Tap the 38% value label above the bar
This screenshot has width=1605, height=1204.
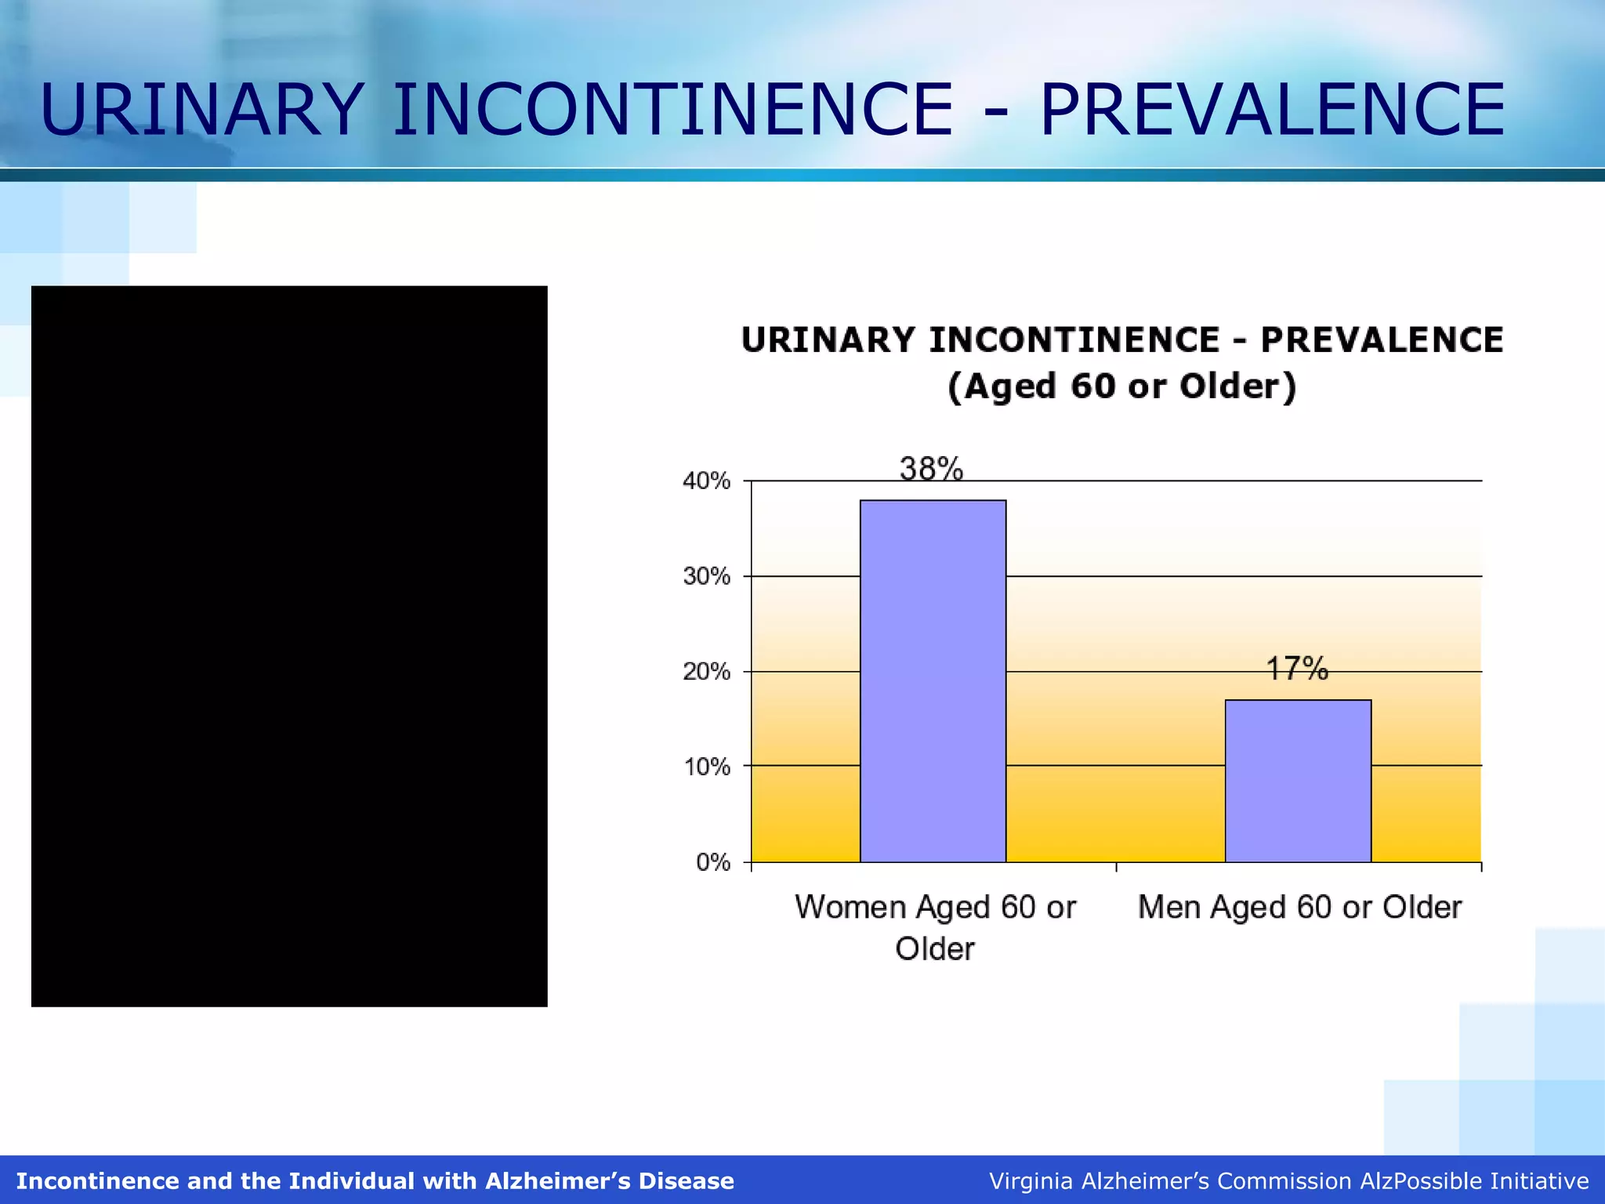point(931,469)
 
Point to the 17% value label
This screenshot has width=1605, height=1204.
point(1297,669)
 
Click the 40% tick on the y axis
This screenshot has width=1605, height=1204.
point(707,481)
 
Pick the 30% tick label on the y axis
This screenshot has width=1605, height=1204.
point(707,576)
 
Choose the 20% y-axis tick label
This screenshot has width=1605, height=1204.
point(707,672)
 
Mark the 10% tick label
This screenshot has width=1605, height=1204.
point(707,767)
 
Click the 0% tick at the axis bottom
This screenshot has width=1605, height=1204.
point(713,862)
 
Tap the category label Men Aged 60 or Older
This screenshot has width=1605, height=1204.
point(1299,907)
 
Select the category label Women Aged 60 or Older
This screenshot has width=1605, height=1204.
point(935,927)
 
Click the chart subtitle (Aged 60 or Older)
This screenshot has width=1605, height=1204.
point(1121,386)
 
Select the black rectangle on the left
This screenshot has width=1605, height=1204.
point(289,646)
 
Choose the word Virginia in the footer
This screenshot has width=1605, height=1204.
point(1030,1181)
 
